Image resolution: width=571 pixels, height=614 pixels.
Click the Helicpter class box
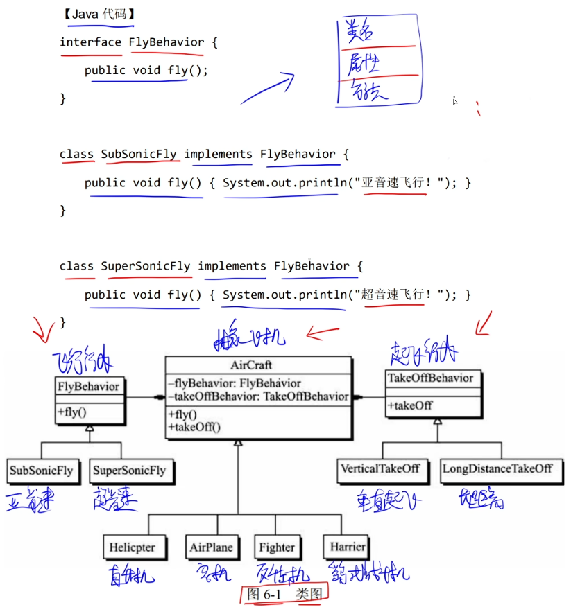tap(132, 547)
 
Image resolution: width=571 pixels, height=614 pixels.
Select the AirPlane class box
tap(211, 547)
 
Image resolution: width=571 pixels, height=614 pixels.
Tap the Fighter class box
tap(277, 547)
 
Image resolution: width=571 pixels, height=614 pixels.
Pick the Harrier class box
tap(348, 547)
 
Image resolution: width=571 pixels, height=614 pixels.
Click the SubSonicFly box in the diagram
tap(41, 471)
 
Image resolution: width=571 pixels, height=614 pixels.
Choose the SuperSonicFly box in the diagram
tap(129, 471)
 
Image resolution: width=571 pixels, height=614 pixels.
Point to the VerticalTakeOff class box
tap(380, 468)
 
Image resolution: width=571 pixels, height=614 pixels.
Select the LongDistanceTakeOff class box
tap(497, 468)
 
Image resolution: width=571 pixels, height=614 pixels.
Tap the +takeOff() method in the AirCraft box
tap(194, 427)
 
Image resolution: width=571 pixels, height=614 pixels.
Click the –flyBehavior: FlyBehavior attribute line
tap(235, 383)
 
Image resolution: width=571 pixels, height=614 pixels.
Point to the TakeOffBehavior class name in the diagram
tap(431, 378)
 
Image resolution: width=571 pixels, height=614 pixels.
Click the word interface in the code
tap(90, 42)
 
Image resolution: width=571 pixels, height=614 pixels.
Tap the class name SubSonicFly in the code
tap(139, 155)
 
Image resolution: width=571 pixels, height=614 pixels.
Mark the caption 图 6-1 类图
tap(285, 594)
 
